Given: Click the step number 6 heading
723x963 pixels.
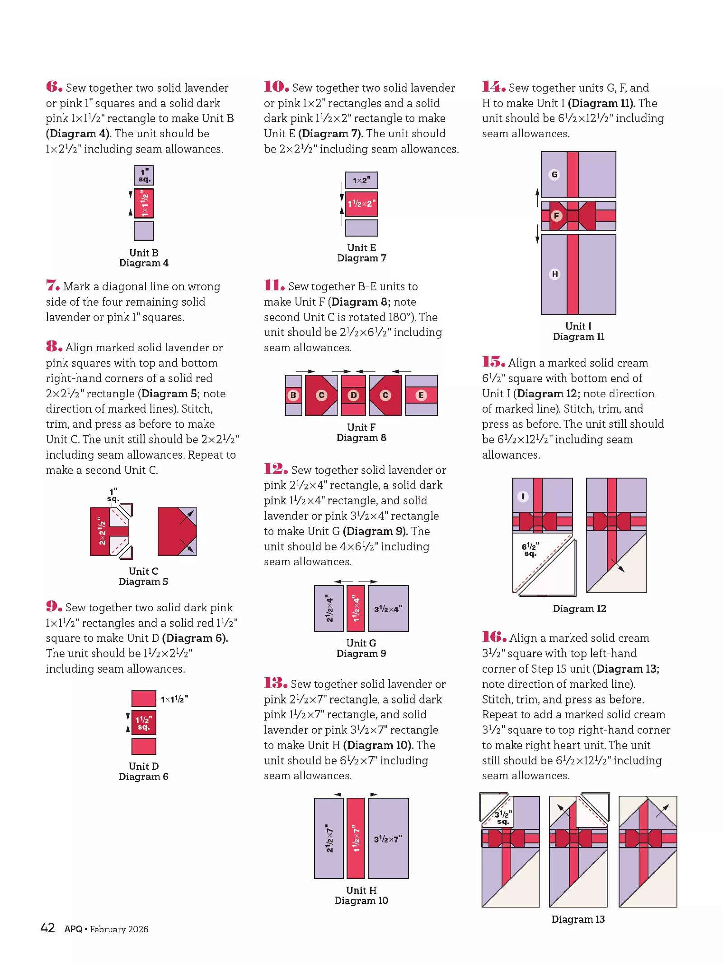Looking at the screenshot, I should pos(54,86).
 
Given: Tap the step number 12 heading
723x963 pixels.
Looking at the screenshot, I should pos(275,469).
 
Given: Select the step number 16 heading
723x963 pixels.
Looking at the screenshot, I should pos(494,637).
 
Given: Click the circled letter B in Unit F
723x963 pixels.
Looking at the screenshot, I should pos(293,395).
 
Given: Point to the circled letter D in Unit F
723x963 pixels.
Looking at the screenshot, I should pos(353,395).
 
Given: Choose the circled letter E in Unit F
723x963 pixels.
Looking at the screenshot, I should pos(421,395).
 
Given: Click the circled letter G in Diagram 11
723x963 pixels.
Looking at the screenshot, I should pos(554,174).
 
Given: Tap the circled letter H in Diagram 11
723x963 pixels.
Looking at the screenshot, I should pos(554,274).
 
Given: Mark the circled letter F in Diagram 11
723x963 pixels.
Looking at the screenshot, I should pos(556,216).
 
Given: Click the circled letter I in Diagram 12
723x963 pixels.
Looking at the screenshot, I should pos(523,497).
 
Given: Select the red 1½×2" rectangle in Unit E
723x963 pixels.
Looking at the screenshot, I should pos(361,204).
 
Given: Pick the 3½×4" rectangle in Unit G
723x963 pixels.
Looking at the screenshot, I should pos(388,609).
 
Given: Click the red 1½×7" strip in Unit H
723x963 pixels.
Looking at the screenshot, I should pos(356,838).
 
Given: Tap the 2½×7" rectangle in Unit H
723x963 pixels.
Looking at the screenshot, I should pos(329,838).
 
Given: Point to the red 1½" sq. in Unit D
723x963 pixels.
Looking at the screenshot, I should pos(144,723).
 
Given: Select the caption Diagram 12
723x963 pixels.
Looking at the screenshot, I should pos(579,609).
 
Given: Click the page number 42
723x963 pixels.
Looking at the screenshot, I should pos(47,928).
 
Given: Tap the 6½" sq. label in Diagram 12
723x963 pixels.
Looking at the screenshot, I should pos(530,550).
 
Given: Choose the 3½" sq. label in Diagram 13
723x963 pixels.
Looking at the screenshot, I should pos(502,817).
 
